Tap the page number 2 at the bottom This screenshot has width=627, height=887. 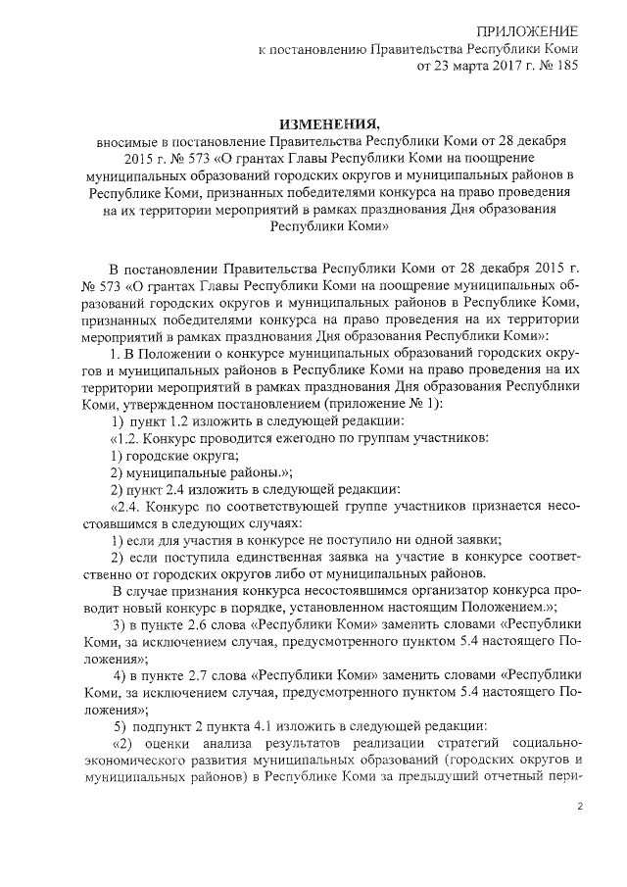(579, 807)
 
